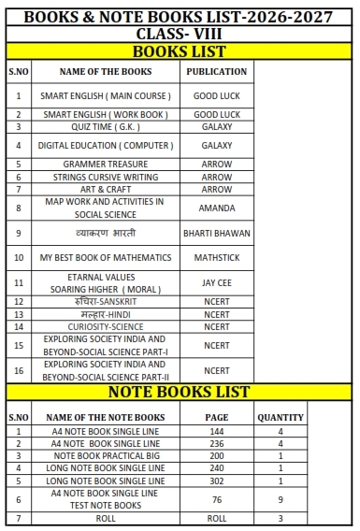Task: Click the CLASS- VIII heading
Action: point(180,34)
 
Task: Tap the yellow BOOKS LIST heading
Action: point(180,50)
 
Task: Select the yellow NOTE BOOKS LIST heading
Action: point(180,392)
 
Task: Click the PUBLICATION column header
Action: point(217,71)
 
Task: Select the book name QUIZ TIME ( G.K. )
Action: point(106,126)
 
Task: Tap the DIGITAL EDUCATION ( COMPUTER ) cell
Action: point(106,146)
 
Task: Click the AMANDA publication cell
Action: point(217,208)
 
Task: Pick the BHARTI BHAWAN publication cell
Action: point(217,232)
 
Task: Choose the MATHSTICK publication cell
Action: point(217,257)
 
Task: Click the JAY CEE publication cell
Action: point(217,282)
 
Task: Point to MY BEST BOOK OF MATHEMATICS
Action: point(106,257)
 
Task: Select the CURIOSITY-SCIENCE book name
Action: point(106,326)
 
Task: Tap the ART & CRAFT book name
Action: point(106,189)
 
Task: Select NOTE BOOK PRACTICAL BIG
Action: point(106,456)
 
